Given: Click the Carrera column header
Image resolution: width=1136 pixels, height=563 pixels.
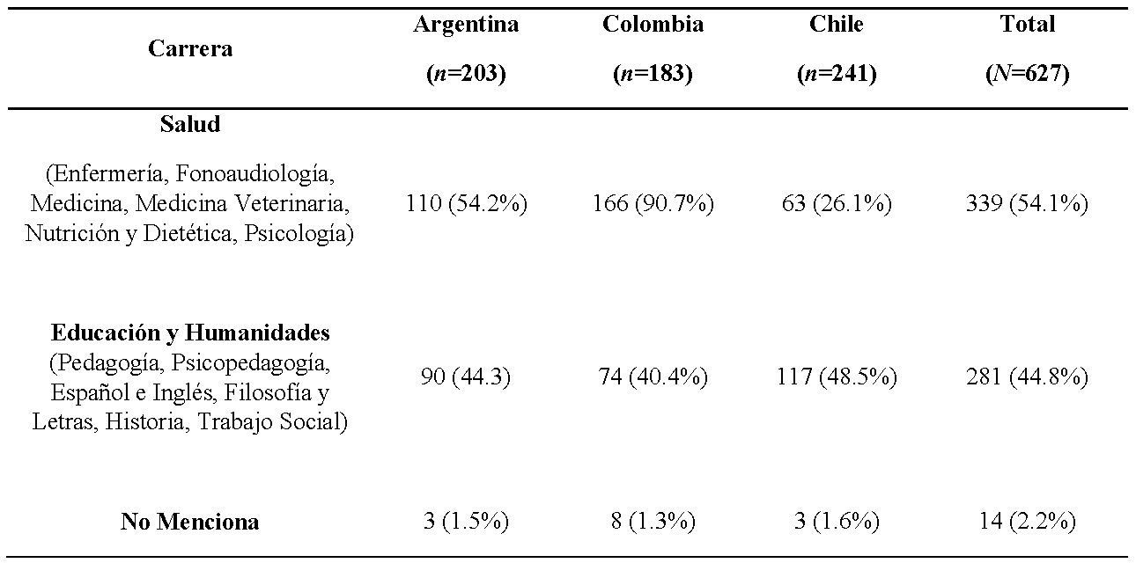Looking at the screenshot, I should click(190, 48).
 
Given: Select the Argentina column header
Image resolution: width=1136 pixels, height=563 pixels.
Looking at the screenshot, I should click(466, 25).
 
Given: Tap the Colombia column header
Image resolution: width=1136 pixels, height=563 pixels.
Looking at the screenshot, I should click(653, 25).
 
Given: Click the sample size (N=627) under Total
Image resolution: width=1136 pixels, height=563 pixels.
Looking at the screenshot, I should click(1027, 75).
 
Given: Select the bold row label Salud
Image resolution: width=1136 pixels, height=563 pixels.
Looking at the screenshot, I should click(190, 125).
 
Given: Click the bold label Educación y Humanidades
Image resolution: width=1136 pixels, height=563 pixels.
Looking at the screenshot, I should click(190, 333).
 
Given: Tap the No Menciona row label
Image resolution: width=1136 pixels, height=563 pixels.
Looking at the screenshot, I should click(190, 522).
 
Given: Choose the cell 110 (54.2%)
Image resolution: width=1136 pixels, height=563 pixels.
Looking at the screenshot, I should click(466, 205).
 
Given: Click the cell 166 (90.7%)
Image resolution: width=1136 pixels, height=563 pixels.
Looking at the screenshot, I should click(653, 205).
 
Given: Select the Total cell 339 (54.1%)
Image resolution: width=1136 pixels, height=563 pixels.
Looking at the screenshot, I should click(1027, 205).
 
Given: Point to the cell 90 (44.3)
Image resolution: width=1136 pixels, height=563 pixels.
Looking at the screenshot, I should click(466, 377).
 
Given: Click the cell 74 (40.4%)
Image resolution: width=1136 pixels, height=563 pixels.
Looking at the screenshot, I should click(653, 377).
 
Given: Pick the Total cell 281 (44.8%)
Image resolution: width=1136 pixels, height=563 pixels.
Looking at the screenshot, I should click(1027, 377).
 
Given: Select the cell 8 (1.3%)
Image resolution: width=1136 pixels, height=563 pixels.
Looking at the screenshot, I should click(653, 522).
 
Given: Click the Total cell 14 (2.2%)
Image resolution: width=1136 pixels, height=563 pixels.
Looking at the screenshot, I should click(1027, 522).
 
